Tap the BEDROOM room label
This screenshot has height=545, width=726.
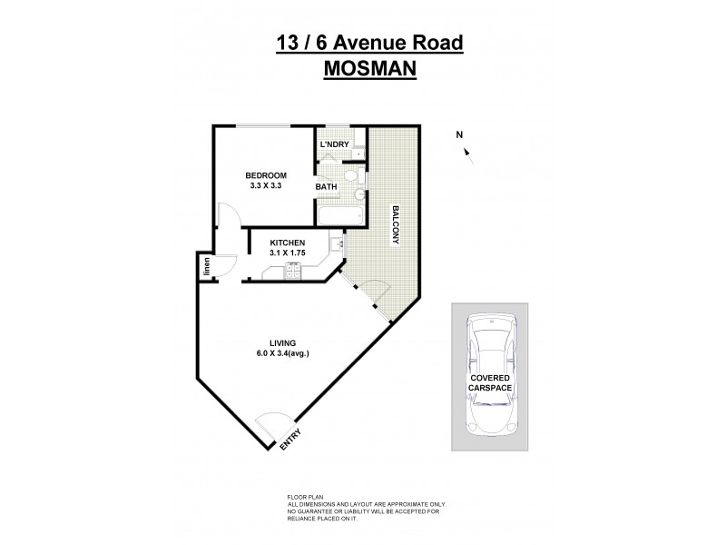pyautogui.click(x=266, y=175)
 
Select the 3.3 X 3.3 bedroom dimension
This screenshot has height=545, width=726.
pyautogui.click(x=266, y=186)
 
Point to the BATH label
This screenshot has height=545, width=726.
pyautogui.click(x=326, y=187)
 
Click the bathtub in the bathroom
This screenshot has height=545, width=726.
pyautogui.click(x=339, y=214)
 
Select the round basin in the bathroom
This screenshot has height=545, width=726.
pyautogui.click(x=359, y=193)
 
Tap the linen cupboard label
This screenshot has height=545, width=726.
pyautogui.click(x=207, y=266)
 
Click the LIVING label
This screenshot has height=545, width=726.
pyautogui.click(x=270, y=342)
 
